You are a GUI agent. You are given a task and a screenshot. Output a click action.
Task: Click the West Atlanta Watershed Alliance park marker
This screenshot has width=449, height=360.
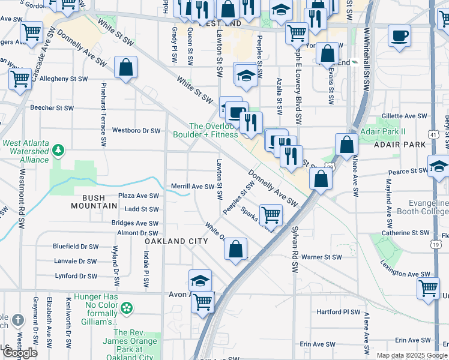(x=58, y=149)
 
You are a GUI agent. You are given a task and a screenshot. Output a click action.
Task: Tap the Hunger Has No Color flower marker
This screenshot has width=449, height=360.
(x=126, y=308)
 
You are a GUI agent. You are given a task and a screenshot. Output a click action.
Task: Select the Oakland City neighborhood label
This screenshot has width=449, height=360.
(x=176, y=241)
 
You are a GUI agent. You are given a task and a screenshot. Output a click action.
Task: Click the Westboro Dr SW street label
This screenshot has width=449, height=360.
(x=136, y=130)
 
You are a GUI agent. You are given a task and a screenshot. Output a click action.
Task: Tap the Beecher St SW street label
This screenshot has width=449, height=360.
(x=52, y=108)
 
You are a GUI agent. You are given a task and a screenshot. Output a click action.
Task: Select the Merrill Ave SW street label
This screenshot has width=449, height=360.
(x=193, y=187)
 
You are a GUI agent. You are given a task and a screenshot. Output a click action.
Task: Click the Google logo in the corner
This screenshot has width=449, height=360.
(x=20, y=353)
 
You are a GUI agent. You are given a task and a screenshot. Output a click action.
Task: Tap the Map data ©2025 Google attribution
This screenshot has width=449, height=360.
(x=411, y=355)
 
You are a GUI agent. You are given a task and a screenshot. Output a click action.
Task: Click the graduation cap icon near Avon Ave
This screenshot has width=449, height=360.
(x=200, y=280)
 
